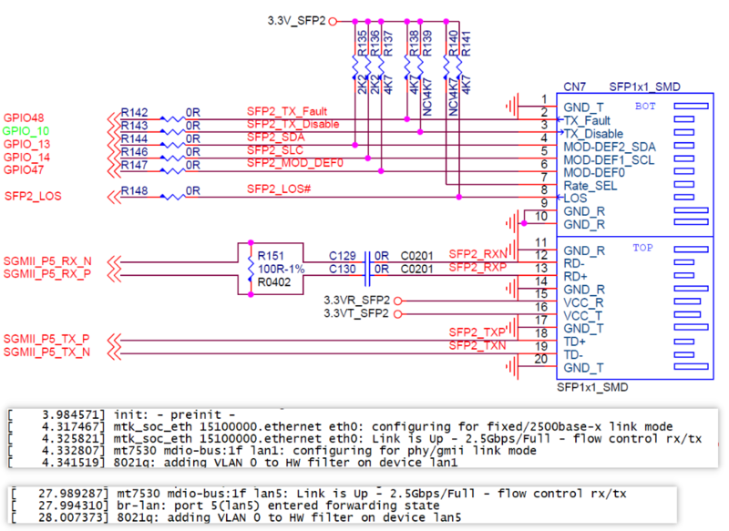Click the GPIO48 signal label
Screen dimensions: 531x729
[24, 118]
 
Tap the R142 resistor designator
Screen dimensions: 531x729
[134, 112]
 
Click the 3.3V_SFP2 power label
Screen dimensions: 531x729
[295, 19]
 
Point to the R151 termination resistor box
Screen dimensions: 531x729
[252, 269]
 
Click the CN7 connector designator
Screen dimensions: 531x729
[573, 87]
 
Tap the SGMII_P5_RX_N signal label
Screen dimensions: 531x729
[47, 260]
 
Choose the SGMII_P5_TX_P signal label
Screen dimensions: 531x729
[47, 339]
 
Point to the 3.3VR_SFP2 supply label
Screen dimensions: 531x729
[357, 300]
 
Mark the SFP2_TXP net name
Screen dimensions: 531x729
[477, 332]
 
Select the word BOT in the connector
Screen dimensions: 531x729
[646, 107]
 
